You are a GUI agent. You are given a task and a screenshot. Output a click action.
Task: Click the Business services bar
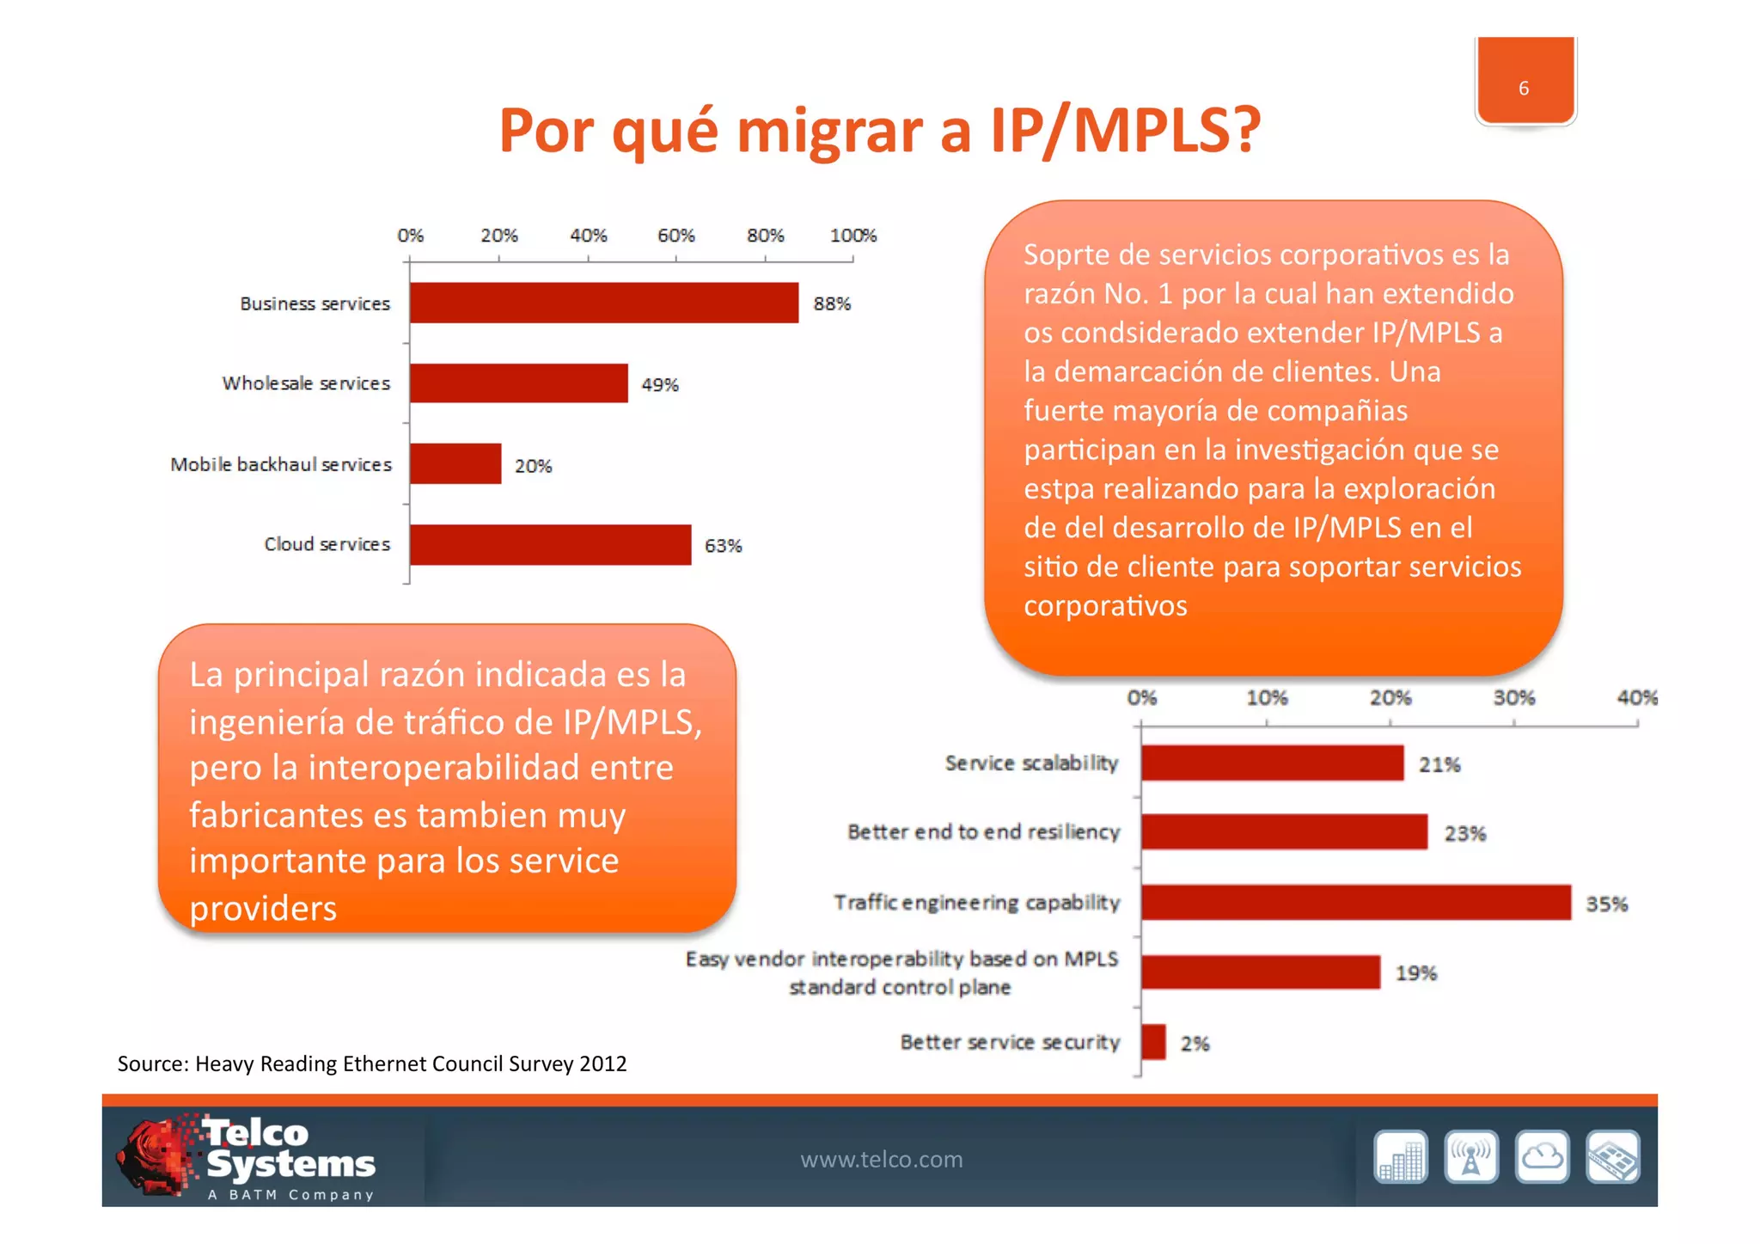point(603,303)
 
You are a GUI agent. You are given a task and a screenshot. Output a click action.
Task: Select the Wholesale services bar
point(518,383)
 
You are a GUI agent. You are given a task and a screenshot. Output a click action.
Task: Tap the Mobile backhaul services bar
point(455,464)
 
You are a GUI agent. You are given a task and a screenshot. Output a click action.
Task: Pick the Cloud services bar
point(550,545)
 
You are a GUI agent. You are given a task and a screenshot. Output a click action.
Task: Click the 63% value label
point(723,546)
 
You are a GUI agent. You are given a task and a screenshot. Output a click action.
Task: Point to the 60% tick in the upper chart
point(676,236)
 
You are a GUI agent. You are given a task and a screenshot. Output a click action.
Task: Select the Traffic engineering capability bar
point(1355,903)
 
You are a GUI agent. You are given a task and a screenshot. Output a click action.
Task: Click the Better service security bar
point(1153,1042)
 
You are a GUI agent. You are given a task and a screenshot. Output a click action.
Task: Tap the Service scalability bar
point(1272,763)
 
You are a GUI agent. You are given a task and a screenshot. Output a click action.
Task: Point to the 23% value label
point(1464,833)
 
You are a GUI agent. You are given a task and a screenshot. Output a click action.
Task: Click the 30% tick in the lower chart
point(1513,698)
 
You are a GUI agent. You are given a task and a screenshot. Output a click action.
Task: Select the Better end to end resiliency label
point(983,832)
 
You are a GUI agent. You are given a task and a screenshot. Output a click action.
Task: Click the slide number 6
point(1524,89)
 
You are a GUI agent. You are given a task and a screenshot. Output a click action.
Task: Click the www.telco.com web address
point(881,1160)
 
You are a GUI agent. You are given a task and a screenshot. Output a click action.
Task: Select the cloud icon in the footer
point(1542,1157)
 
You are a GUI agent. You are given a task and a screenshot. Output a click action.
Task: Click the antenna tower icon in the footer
point(1471,1157)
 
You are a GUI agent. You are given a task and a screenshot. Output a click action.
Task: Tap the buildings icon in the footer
point(1401,1157)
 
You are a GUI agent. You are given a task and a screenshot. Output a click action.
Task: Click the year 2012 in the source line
point(602,1064)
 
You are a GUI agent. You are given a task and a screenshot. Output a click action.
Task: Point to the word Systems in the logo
point(290,1164)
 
